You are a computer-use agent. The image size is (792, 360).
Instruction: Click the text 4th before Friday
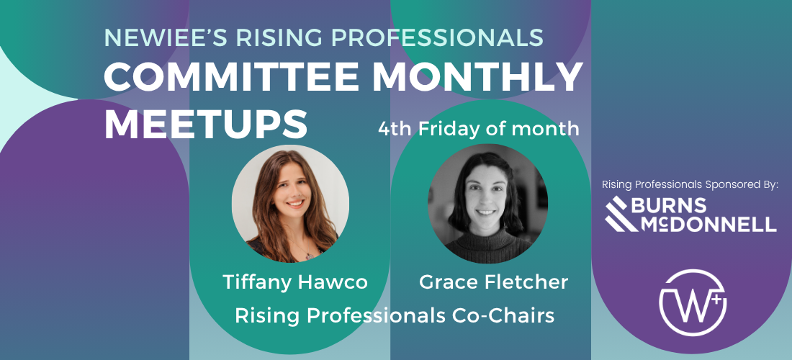(x=395, y=129)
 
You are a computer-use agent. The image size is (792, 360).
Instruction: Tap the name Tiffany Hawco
(x=295, y=282)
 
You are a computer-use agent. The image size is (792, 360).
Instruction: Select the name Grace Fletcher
(x=493, y=282)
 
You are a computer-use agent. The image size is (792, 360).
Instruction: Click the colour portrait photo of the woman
(x=290, y=204)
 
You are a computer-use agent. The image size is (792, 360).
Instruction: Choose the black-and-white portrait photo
(x=487, y=204)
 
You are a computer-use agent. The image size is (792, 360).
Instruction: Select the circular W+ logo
(x=693, y=302)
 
